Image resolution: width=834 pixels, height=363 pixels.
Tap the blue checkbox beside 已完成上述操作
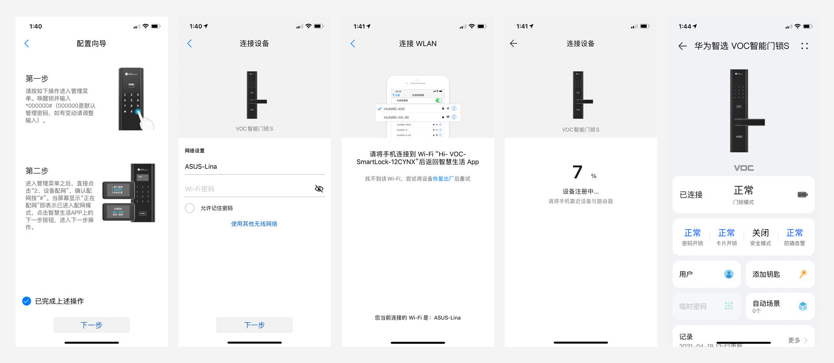[26, 301]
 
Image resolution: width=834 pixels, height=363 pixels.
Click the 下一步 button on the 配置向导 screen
[91, 325]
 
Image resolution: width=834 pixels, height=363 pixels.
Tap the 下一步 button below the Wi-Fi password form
[254, 325]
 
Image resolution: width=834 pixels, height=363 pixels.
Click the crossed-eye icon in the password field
[319, 189]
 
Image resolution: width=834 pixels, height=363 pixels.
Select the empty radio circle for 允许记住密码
[190, 208]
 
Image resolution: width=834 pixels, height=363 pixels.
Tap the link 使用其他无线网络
[254, 224]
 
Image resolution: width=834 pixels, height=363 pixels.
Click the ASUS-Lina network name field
[254, 167]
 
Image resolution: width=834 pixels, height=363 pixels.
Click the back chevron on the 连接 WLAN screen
[353, 43]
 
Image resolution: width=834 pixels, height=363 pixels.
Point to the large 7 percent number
[577, 172]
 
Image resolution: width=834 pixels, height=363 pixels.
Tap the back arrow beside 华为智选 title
[682, 46]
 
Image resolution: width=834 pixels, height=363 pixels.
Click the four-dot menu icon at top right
[804, 46]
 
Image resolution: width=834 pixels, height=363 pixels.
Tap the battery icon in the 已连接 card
[802, 195]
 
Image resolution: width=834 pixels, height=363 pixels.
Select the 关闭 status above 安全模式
[760, 233]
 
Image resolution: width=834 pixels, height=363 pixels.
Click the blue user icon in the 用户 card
[728, 274]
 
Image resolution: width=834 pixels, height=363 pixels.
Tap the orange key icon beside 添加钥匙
[803, 274]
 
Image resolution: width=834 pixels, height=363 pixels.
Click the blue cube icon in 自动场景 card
[803, 306]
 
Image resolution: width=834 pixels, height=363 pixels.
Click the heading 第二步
[37, 171]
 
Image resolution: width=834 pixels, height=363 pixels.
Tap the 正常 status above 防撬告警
[794, 233]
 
